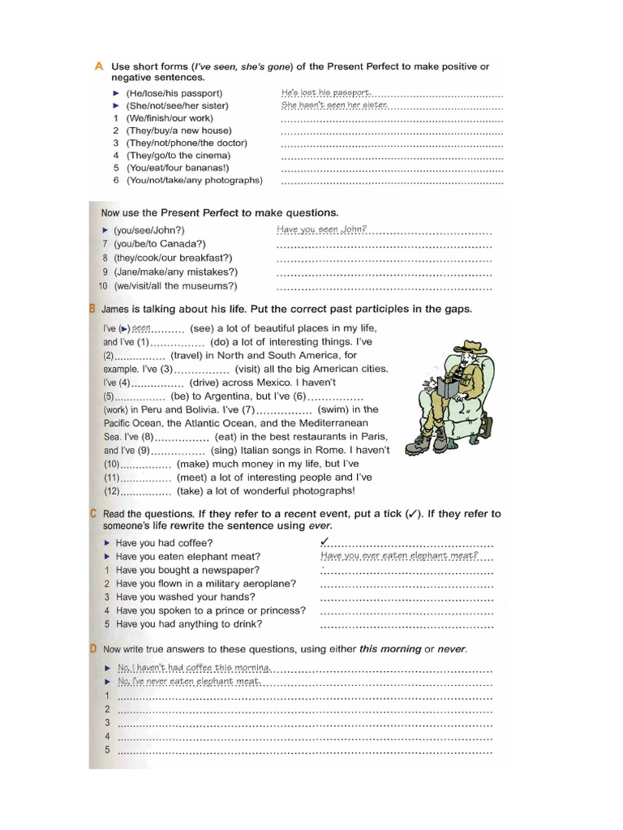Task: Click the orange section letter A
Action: tap(99, 66)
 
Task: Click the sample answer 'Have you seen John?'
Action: tap(321, 229)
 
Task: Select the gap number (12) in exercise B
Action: tap(112, 491)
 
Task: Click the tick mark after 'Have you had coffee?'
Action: tap(324, 541)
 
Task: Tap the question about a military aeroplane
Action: tap(205, 583)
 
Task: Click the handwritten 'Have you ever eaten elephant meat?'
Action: tap(399, 555)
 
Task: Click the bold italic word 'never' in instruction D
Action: tap(451, 649)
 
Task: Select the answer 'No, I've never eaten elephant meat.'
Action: tap(189, 682)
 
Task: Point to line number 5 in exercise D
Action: tap(106, 750)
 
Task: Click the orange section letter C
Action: tap(94, 514)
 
